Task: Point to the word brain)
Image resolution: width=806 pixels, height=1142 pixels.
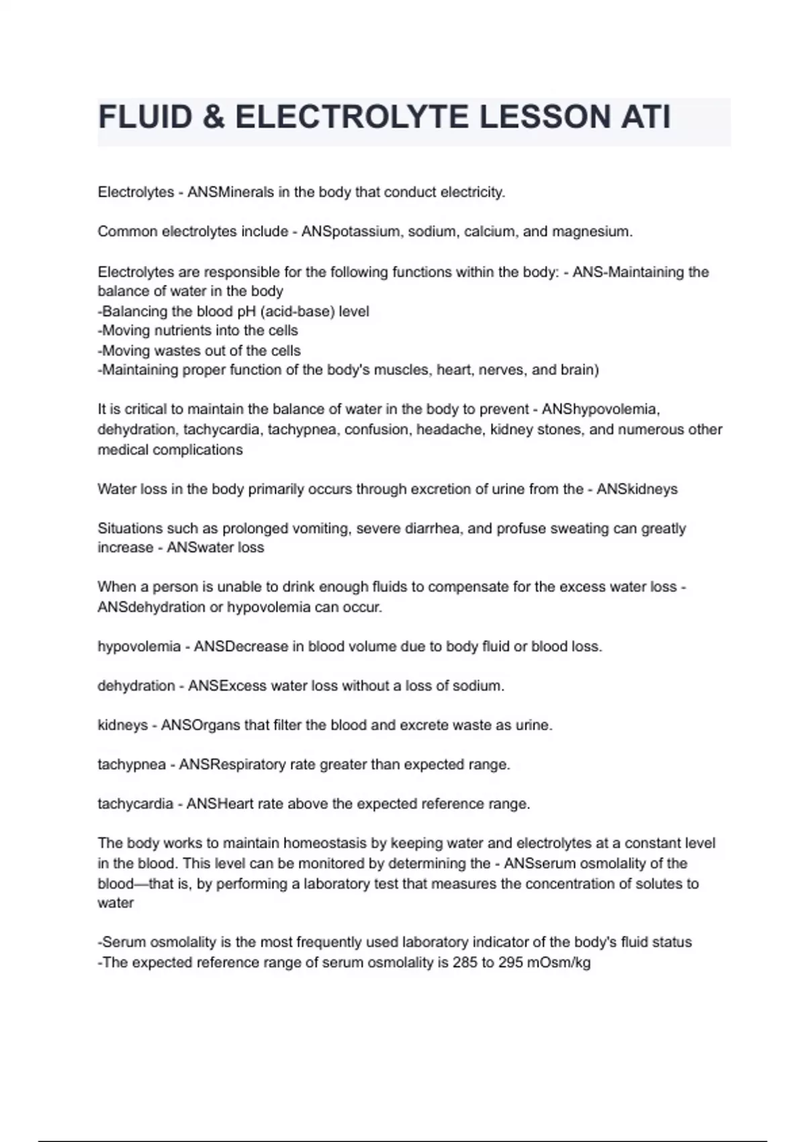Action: (x=580, y=370)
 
